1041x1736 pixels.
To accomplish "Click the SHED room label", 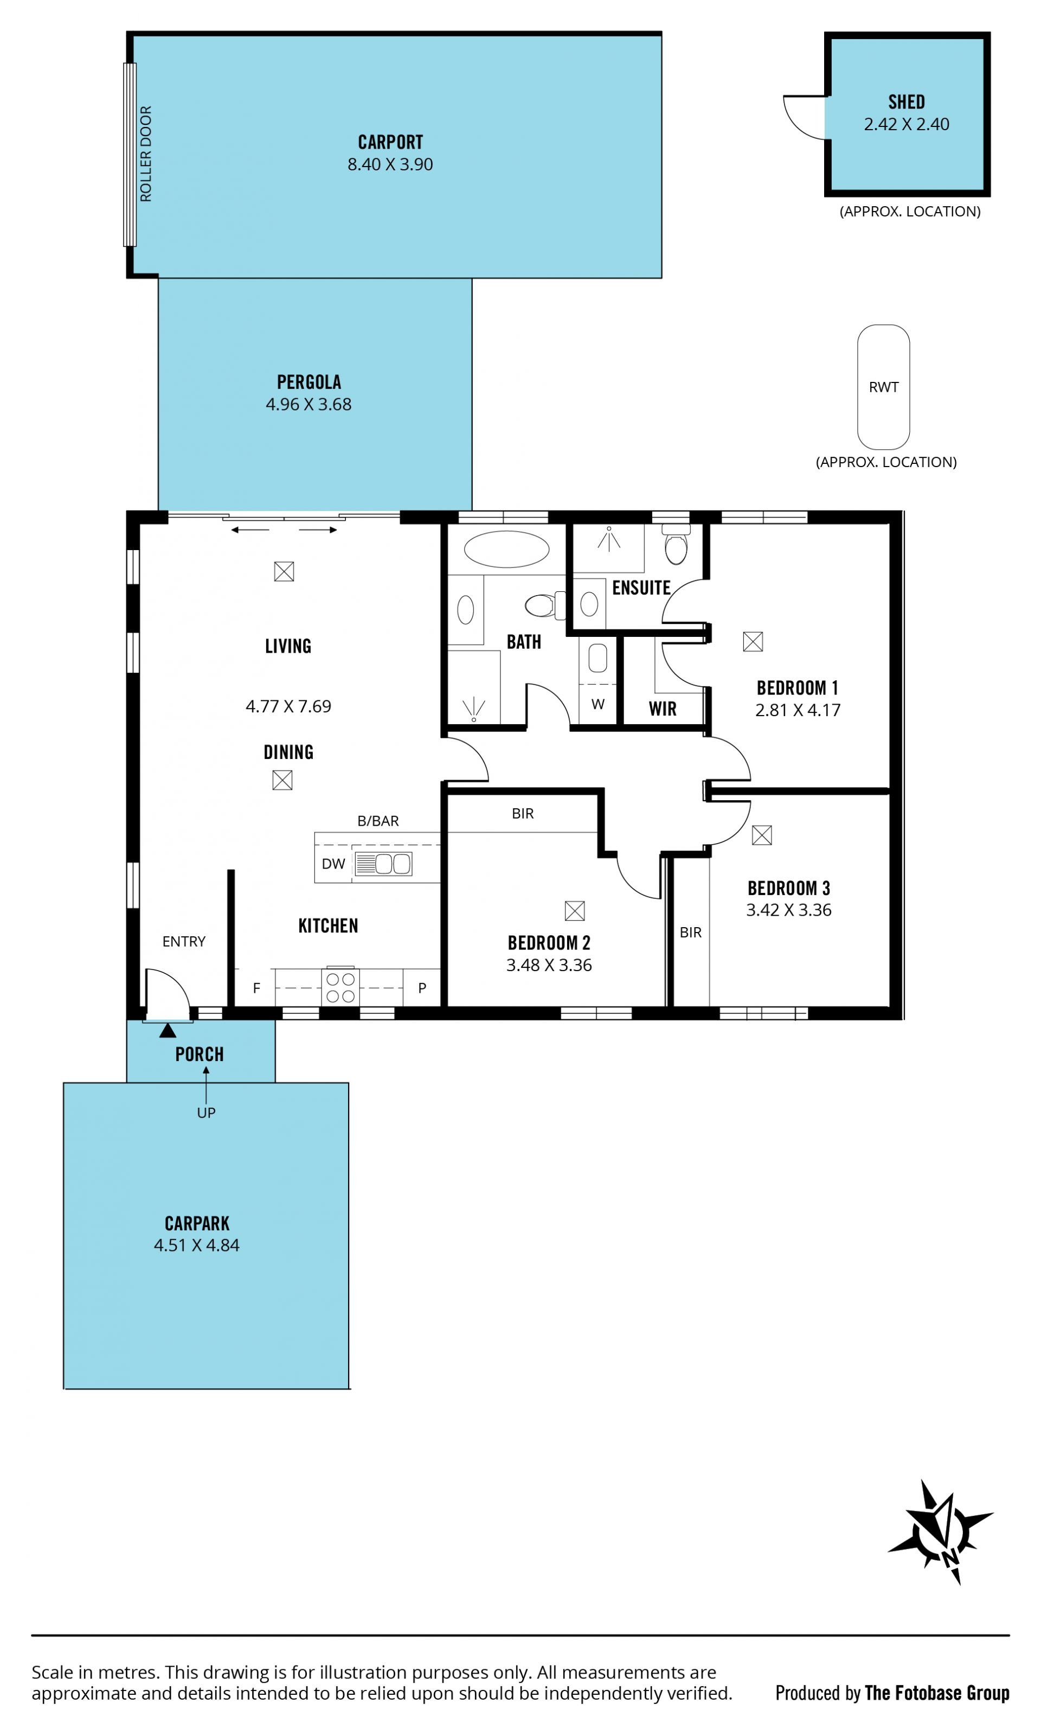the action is (x=907, y=103).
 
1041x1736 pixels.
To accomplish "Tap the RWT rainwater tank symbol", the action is (x=883, y=387).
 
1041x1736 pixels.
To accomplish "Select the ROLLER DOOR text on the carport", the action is (x=146, y=154).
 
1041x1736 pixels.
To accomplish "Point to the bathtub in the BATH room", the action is (x=506, y=548).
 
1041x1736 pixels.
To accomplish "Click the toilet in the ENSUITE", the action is (x=676, y=545).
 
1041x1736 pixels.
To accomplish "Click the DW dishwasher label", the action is (x=333, y=864).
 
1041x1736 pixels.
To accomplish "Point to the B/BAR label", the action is (x=378, y=821).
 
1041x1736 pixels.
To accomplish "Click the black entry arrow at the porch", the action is (x=168, y=1030).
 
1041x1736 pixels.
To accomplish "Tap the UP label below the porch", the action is (x=206, y=1113).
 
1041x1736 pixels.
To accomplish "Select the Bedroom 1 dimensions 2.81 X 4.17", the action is (x=798, y=710).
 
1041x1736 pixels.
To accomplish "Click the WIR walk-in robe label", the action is (x=663, y=709).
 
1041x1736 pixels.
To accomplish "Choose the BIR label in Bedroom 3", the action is (x=691, y=933).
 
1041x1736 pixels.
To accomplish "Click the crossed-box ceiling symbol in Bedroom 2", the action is (x=575, y=911).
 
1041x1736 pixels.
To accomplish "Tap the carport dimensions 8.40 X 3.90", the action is (x=390, y=164).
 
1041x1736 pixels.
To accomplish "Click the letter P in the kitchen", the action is (x=422, y=988).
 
